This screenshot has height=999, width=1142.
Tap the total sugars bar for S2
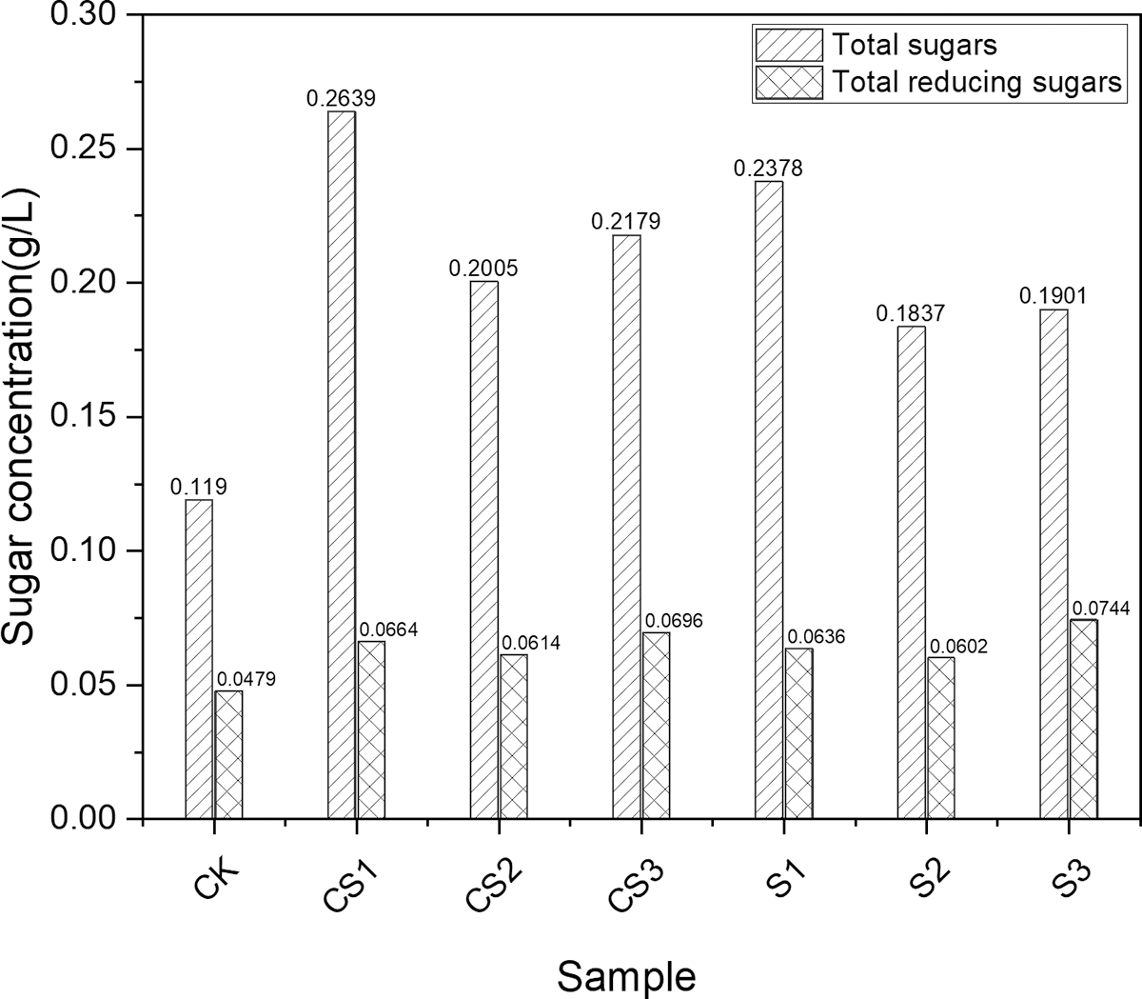911,572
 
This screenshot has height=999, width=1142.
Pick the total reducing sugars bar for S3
1083,719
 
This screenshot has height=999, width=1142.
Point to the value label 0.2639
341,98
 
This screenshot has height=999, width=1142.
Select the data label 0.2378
768,169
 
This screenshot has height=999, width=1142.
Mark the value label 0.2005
483,269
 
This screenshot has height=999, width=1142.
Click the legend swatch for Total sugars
788,45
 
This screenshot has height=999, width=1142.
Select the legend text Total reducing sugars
976,82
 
